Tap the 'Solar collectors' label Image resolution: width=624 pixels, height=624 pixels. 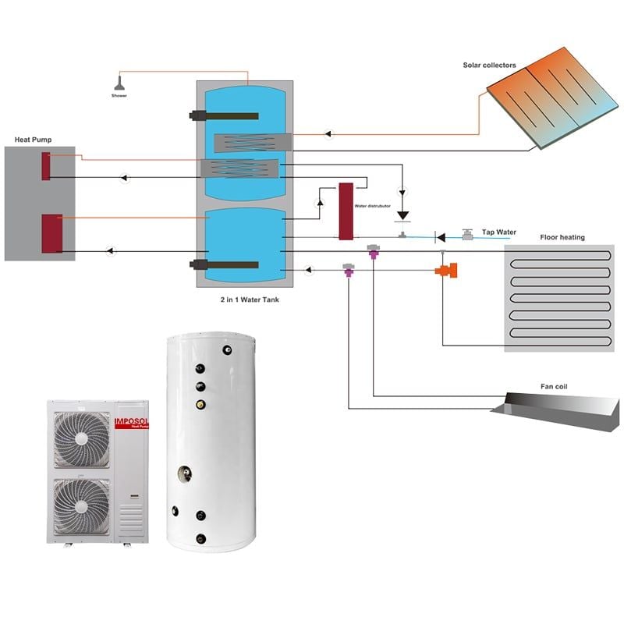coord(490,66)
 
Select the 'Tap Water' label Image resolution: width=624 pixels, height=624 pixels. coord(498,232)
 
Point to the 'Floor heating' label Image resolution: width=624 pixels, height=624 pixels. coord(562,237)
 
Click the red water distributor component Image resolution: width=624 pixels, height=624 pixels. coord(346,211)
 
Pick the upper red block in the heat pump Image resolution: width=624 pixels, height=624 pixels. coord(47,166)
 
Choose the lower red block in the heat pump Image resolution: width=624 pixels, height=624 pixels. coord(52,233)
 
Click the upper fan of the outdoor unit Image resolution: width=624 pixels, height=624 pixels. coord(82,439)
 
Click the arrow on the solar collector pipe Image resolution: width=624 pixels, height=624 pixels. coord(328,134)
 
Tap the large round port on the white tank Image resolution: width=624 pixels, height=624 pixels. coord(186,473)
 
